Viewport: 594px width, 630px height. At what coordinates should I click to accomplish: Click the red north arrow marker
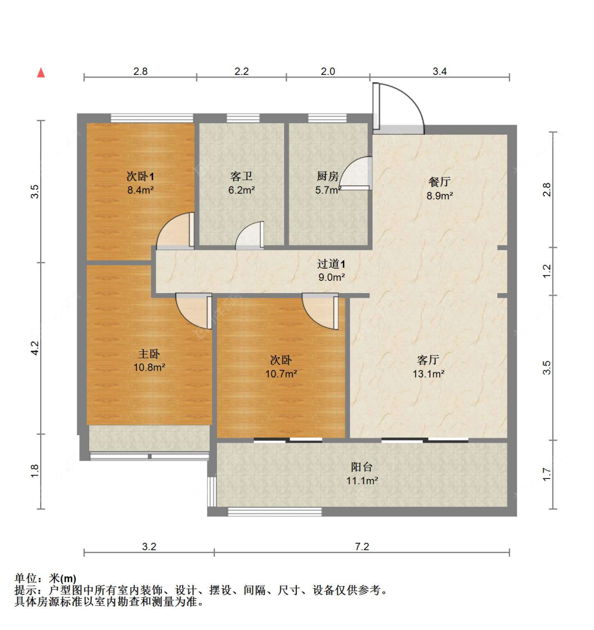pos(41,72)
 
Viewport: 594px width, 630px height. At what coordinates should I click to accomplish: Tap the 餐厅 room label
pos(439,182)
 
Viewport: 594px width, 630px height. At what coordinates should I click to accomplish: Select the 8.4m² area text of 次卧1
pos(140,190)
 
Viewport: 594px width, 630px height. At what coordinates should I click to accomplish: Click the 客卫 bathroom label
pos(241,176)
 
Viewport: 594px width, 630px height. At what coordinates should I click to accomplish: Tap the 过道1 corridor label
pos(331,264)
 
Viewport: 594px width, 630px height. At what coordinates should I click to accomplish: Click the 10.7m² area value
pos(281,374)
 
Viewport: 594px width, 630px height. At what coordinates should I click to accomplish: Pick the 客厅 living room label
pos(428,360)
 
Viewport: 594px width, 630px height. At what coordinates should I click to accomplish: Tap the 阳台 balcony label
pos(362,467)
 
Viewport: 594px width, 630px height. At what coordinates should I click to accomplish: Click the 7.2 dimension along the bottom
pos(362,547)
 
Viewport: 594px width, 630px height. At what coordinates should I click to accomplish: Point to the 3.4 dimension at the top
pos(439,71)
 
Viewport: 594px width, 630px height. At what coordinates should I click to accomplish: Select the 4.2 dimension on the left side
pos(35,347)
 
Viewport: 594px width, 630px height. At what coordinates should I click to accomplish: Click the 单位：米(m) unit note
pos(45,579)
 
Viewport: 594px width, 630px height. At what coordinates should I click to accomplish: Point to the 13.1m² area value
pos(428,374)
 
